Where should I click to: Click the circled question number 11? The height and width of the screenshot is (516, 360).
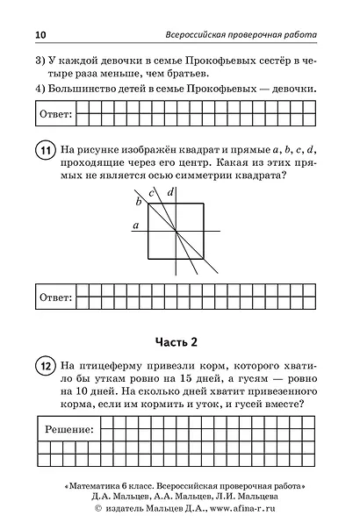(44, 151)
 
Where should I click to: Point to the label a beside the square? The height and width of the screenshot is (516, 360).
(134, 226)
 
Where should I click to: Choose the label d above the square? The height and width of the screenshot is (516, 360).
(169, 191)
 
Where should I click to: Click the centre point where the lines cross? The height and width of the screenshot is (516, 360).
(177, 230)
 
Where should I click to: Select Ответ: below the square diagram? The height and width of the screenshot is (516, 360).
(54, 297)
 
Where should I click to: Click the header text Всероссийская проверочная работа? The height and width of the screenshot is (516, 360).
(241, 34)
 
